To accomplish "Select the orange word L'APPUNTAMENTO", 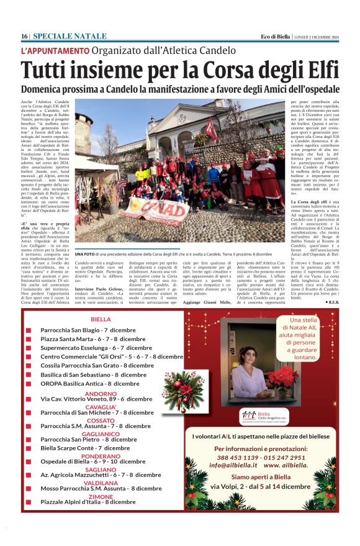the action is coord(55,50).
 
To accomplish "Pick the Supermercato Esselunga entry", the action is coord(76,348).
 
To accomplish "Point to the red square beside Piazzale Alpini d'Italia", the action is coord(28,503).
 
